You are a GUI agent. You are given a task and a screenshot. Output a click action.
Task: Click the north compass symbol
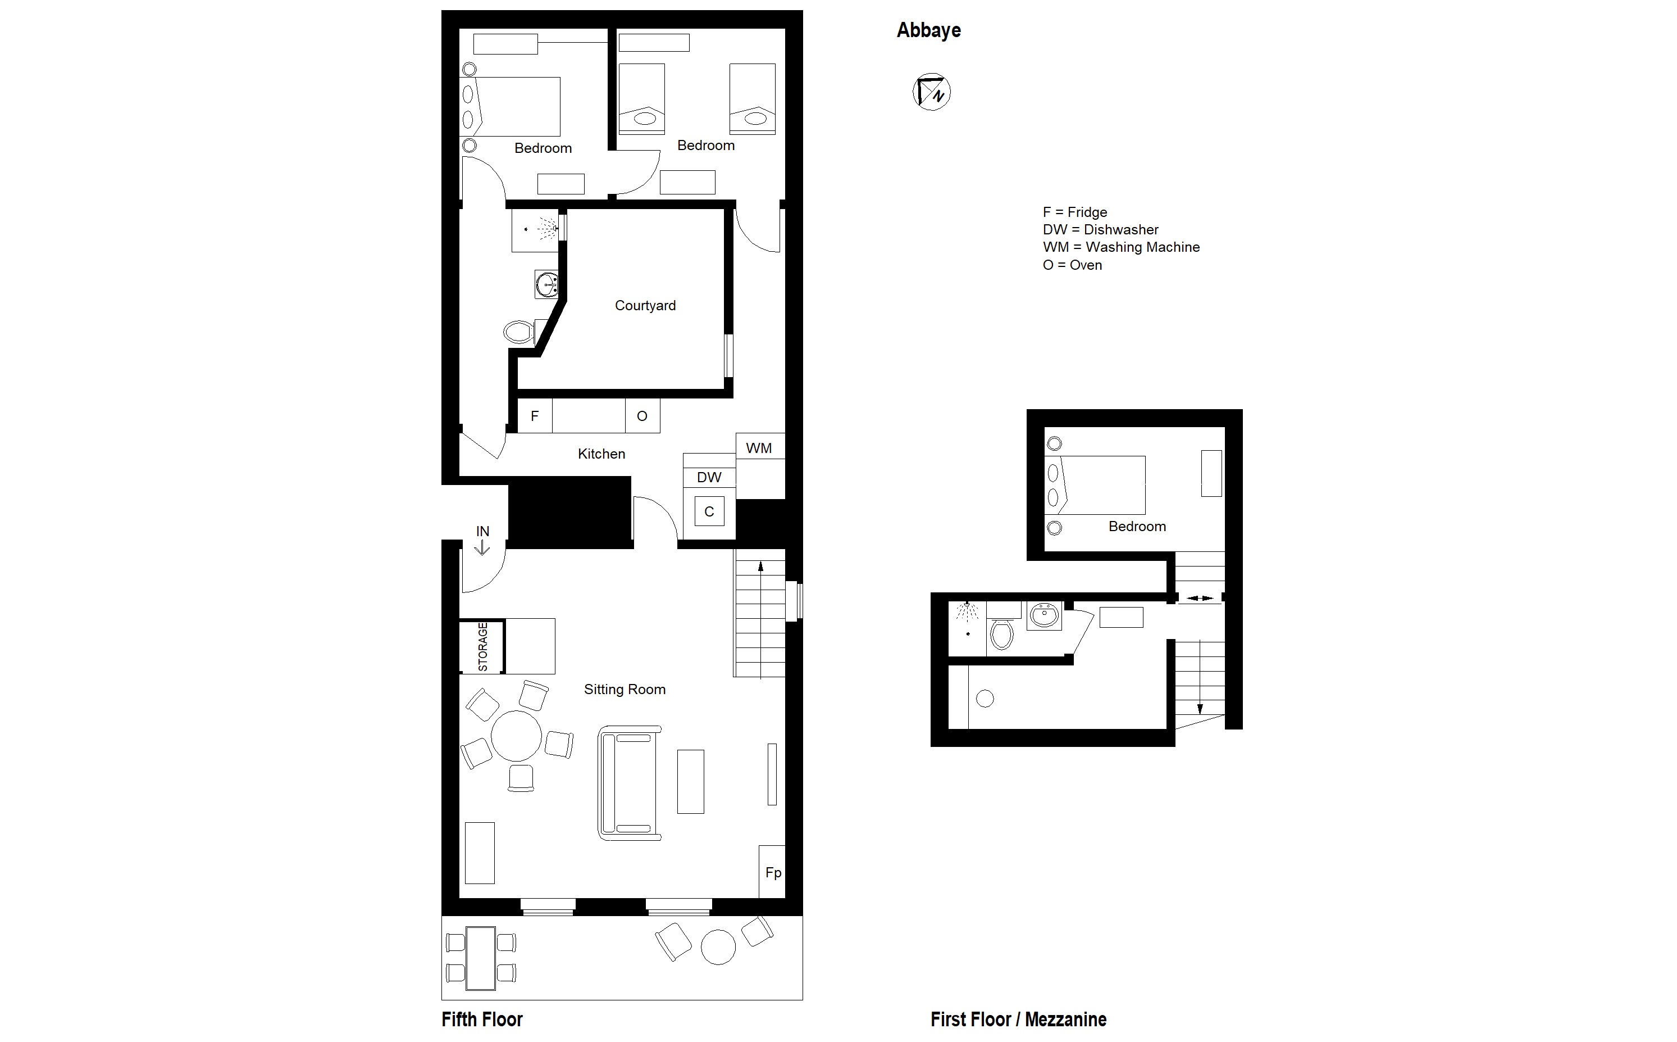[x=931, y=92]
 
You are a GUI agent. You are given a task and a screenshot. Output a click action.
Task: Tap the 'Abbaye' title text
[x=928, y=30]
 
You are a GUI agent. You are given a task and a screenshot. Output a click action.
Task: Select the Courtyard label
[x=645, y=305]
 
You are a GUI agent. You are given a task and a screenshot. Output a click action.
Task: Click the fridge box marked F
[x=535, y=415]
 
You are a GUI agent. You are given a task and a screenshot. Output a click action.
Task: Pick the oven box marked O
[x=642, y=415]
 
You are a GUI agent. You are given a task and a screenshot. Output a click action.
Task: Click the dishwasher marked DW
[x=709, y=477]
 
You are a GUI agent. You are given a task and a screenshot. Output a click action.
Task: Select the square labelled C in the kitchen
[x=709, y=511]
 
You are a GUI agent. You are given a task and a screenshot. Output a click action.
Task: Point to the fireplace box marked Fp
[x=773, y=872]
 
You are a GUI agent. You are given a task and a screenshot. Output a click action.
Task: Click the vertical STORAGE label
[x=483, y=646]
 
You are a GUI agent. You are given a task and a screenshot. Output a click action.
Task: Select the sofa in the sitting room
[x=630, y=783]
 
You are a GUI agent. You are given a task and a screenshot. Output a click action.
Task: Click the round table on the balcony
[x=718, y=947]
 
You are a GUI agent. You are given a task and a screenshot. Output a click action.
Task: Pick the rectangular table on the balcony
[x=481, y=958]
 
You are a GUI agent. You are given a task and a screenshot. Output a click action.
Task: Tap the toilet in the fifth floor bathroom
[x=519, y=332]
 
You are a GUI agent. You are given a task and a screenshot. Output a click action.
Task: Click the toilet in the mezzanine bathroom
[x=1001, y=635]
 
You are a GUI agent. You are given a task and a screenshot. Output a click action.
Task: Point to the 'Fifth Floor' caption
[x=482, y=1020]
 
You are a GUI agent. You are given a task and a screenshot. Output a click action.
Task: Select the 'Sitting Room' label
[x=625, y=689]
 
